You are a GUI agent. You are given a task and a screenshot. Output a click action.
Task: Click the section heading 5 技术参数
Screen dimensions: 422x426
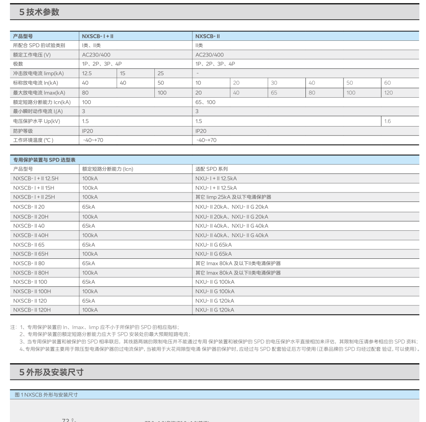(x=39, y=12)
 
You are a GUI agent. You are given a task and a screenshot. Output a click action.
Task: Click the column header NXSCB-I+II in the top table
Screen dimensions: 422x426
(x=98, y=36)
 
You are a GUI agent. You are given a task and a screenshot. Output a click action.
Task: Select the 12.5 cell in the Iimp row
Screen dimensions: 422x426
(x=87, y=73)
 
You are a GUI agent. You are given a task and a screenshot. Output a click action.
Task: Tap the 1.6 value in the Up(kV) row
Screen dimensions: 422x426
(x=387, y=121)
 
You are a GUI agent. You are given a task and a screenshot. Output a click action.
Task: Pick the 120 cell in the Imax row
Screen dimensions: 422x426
(x=388, y=93)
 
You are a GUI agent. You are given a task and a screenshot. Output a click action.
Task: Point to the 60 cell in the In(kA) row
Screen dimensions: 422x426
(x=387, y=83)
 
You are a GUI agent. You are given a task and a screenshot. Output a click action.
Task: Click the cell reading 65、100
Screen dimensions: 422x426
(x=206, y=102)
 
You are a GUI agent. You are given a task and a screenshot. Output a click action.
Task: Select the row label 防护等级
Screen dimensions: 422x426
(x=23, y=131)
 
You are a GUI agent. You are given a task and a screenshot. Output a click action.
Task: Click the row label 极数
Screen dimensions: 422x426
(x=18, y=64)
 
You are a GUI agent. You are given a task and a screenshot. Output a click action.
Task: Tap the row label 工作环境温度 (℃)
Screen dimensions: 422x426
(x=33, y=140)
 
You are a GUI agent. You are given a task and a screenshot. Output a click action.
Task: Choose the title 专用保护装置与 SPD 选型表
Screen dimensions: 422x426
(x=44, y=159)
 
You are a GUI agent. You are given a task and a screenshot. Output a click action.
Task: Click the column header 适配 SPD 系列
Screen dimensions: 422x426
(x=211, y=169)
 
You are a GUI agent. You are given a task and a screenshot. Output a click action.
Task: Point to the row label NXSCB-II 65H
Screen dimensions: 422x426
(x=31, y=254)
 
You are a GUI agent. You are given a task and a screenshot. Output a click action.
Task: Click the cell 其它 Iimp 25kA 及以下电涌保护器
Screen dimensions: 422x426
(x=233, y=197)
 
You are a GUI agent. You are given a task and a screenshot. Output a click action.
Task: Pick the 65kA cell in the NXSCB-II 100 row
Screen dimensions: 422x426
(x=89, y=282)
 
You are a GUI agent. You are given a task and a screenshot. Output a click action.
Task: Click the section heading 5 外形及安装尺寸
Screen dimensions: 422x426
(x=51, y=372)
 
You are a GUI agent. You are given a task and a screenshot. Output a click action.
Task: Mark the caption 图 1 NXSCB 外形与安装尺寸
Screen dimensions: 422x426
(x=46, y=395)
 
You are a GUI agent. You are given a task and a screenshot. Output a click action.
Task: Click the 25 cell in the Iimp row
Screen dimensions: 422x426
(x=161, y=73)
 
